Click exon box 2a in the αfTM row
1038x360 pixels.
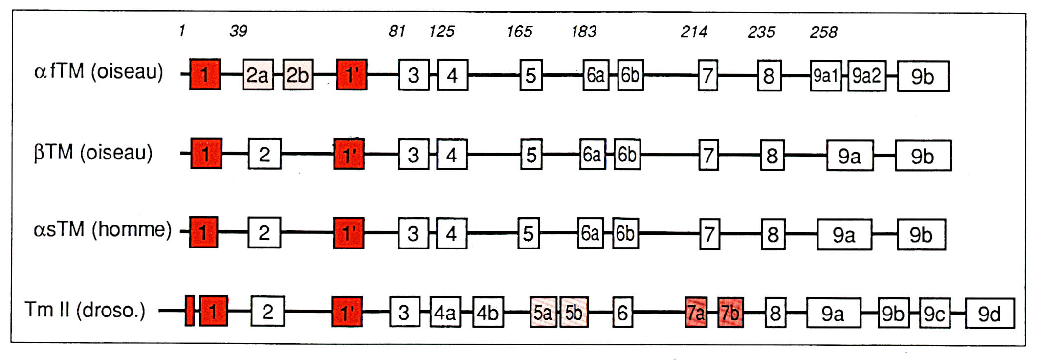tap(258, 75)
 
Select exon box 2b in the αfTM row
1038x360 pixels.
tap(298, 75)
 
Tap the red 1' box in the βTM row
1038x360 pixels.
tap(349, 154)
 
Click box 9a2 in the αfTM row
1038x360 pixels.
tap(866, 76)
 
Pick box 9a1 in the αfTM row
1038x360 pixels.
tap(826, 76)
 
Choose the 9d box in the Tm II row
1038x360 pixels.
tap(989, 314)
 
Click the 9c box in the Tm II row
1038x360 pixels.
tap(934, 314)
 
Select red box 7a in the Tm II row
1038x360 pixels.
tap(696, 312)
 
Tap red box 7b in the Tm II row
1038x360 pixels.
tap(730, 312)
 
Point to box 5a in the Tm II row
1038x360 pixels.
tap(543, 312)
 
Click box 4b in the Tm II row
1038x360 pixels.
tap(487, 312)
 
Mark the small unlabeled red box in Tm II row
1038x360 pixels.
tap(190, 311)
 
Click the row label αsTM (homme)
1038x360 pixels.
tap(102, 229)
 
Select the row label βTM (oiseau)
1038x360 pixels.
tap(93, 153)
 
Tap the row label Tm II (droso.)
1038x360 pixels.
tap(85, 310)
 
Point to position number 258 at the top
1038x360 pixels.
tap(823, 32)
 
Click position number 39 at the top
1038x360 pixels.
tap(238, 31)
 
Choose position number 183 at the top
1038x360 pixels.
tap(584, 32)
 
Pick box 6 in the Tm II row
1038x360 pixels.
tap(622, 312)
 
